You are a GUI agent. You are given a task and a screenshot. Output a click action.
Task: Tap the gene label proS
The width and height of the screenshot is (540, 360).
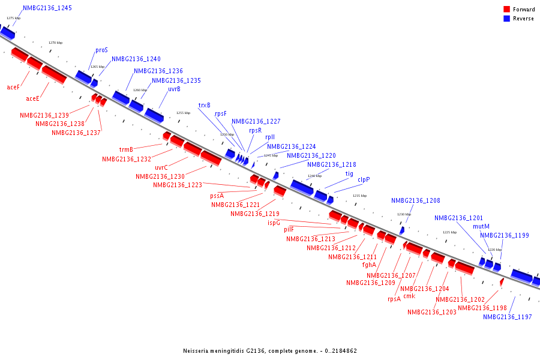(101, 50)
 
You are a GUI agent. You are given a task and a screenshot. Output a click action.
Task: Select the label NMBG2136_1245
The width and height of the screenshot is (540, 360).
(47, 8)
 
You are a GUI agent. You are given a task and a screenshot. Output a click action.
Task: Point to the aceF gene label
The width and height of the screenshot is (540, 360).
(13, 88)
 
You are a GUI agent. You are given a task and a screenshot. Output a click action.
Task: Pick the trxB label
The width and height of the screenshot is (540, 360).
(205, 105)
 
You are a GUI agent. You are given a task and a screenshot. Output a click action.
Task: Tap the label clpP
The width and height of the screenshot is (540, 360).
(364, 179)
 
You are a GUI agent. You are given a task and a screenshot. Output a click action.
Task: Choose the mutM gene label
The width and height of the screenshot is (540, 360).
(481, 227)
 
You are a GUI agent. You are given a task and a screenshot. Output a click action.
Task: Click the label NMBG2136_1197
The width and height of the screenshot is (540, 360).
(508, 317)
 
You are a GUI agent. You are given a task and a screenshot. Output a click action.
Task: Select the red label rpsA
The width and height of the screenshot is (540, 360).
(394, 299)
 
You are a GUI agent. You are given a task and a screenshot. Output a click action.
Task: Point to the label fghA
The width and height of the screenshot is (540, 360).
(369, 265)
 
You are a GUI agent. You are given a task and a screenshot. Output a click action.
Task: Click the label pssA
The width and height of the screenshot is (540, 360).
(217, 196)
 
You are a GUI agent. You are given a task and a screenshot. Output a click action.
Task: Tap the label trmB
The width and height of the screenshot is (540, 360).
(126, 150)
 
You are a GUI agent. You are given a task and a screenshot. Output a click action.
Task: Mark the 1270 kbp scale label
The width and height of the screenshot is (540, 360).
(55, 43)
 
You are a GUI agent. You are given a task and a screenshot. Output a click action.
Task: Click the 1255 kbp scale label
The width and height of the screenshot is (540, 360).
(183, 113)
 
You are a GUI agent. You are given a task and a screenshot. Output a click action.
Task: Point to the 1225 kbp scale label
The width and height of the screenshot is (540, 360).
(449, 232)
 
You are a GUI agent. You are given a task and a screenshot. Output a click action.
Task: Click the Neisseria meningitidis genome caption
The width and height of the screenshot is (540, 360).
(270, 350)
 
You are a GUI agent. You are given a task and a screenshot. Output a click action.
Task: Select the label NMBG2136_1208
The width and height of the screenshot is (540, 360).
(416, 201)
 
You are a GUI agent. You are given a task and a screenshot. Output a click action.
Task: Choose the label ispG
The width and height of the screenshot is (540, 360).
(274, 223)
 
